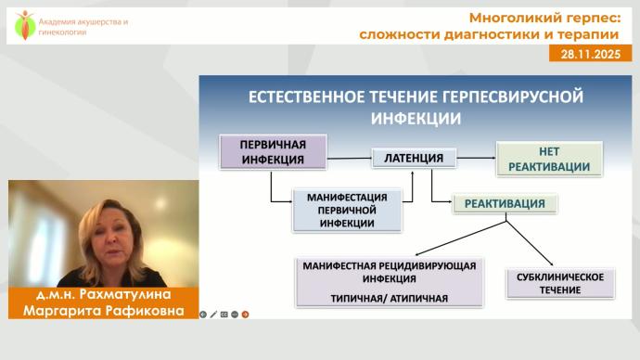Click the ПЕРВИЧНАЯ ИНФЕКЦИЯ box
pyautogui.click(x=274, y=151)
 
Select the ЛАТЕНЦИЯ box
pyautogui.click(x=407, y=159)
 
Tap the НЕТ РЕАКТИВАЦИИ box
pyautogui.click(x=548, y=159)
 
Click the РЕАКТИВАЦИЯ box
pyautogui.click(x=505, y=203)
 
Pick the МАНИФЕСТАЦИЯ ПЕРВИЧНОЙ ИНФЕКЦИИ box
pyautogui.click(x=347, y=211)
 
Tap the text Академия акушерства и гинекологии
pyautogui.click(x=70, y=26)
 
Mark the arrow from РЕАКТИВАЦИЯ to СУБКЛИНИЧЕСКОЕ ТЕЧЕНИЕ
pyautogui.click(x=534, y=242)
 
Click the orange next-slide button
pyautogui.click(x=245, y=314)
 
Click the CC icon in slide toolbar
pyautogui.click(x=225, y=314)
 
